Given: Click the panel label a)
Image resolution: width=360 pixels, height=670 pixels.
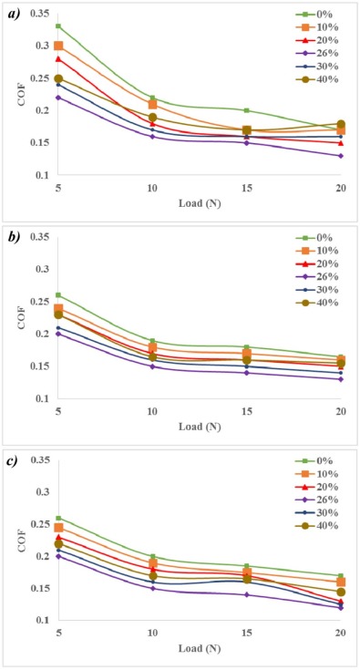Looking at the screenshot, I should pyautogui.click(x=13, y=13).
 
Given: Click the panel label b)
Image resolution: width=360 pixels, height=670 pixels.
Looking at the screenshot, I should pyautogui.click(x=13, y=236).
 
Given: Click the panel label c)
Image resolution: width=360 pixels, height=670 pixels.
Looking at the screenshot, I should pyautogui.click(x=13, y=459).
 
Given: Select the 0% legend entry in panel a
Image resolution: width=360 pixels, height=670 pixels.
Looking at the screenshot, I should pyautogui.click(x=314, y=15).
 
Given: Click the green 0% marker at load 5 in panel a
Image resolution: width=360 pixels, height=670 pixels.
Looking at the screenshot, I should pyautogui.click(x=58, y=26).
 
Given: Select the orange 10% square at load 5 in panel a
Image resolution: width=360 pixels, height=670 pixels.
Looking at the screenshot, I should pyautogui.click(x=58, y=46).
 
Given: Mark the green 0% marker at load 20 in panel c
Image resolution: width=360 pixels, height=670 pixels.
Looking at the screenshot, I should pyautogui.click(x=340, y=576).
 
